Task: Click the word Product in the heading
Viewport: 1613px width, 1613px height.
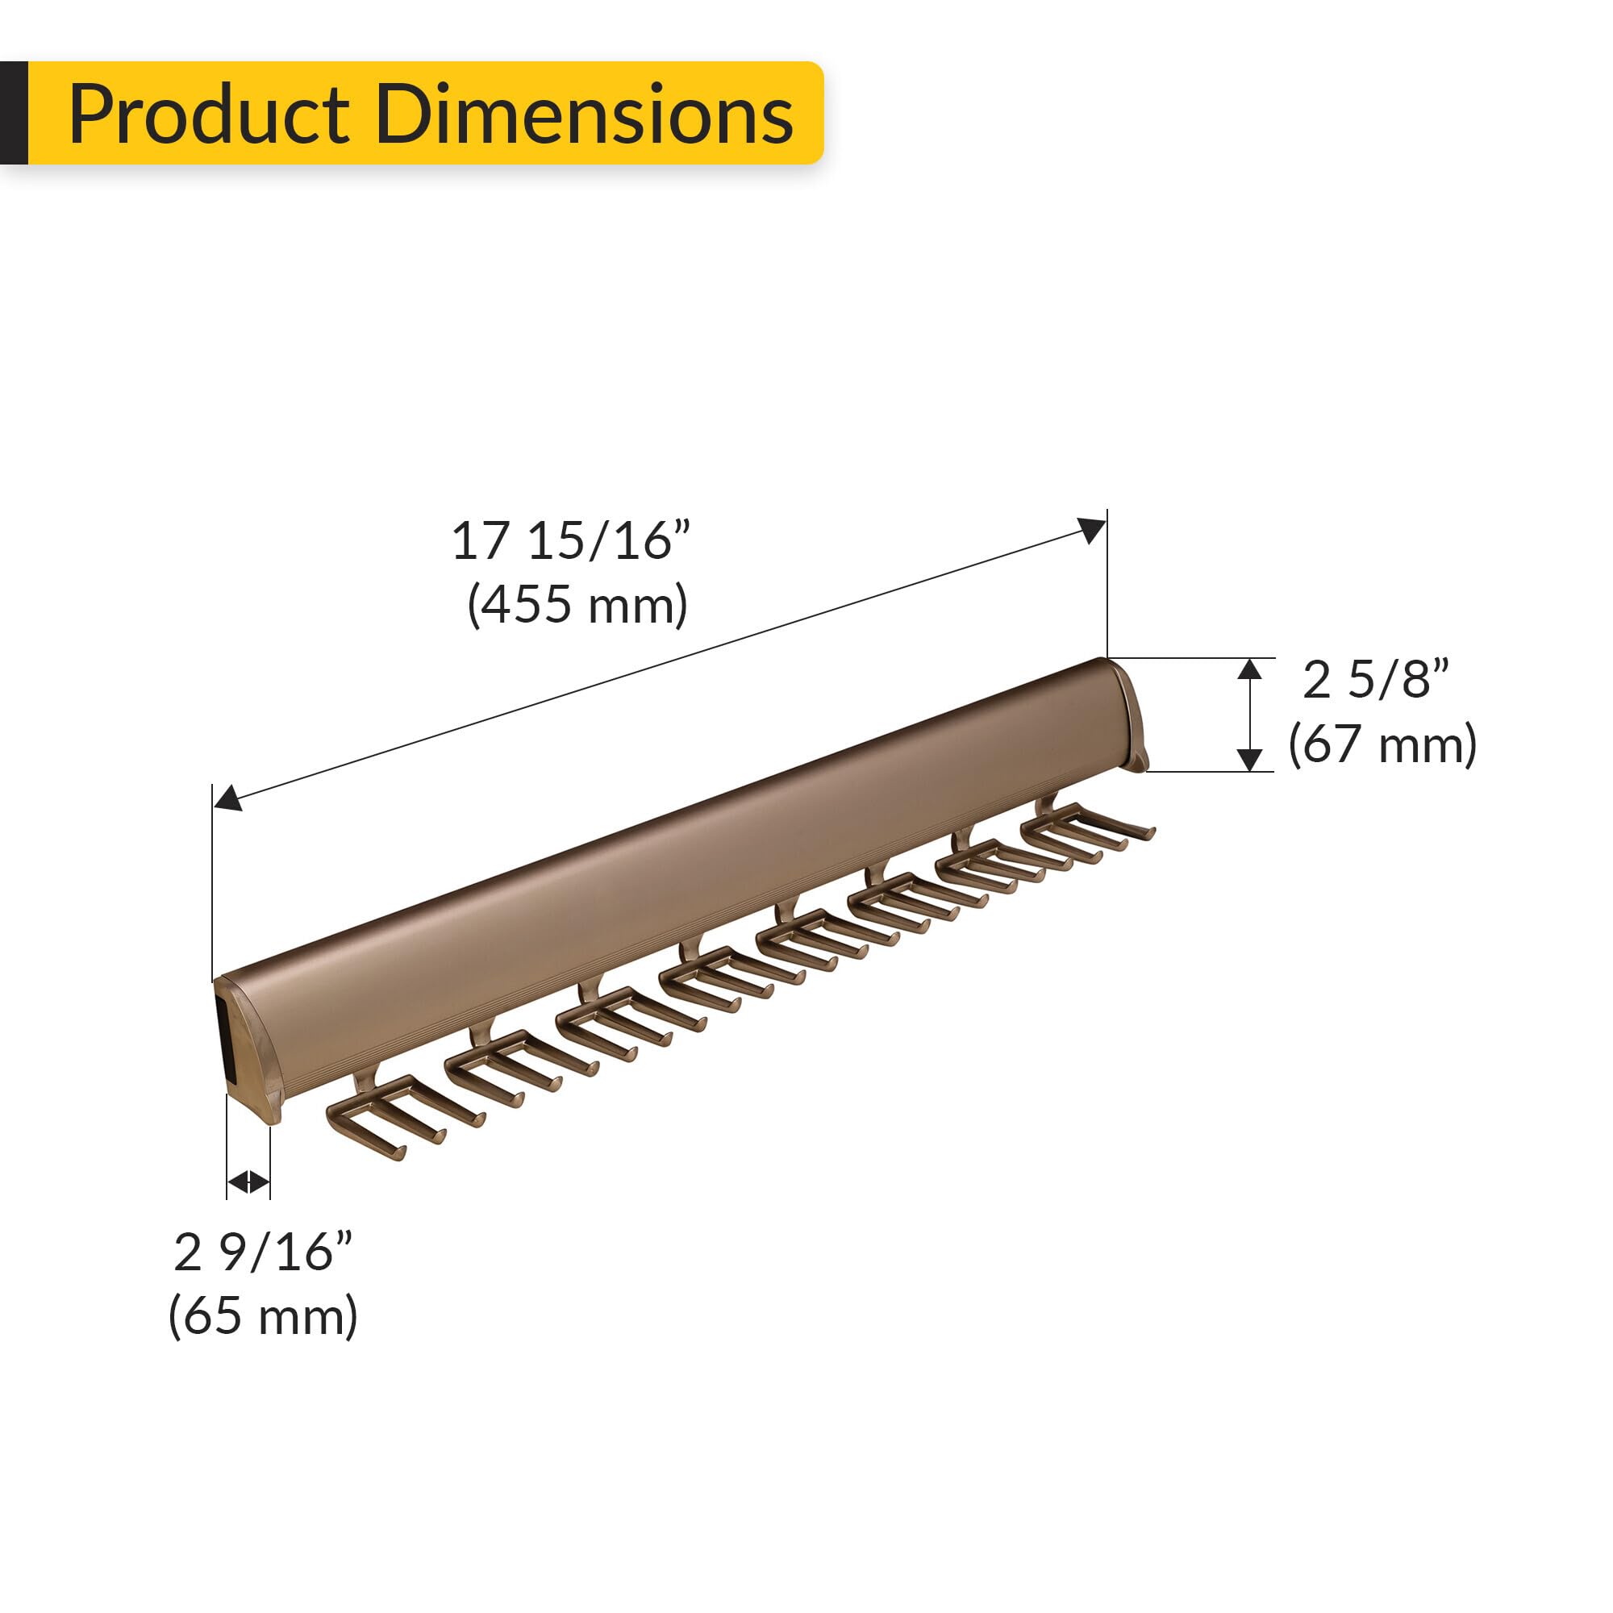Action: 209,115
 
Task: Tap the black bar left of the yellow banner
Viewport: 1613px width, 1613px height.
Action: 14,113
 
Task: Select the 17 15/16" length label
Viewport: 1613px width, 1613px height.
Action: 571,541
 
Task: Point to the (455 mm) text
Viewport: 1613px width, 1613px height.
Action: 577,604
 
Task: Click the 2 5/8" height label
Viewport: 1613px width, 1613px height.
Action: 1375,680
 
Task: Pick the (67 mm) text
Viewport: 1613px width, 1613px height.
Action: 1382,744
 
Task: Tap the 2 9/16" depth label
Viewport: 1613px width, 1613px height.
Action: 263,1252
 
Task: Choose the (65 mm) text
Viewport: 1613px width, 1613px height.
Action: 263,1317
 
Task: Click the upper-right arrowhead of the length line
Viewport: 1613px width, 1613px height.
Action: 1093,529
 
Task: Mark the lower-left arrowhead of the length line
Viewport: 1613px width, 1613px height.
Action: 227,800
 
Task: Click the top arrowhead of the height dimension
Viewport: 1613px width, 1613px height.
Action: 1249,669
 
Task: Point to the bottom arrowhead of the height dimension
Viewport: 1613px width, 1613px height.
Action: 1249,760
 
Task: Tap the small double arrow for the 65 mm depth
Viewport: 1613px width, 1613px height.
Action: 248,1182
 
